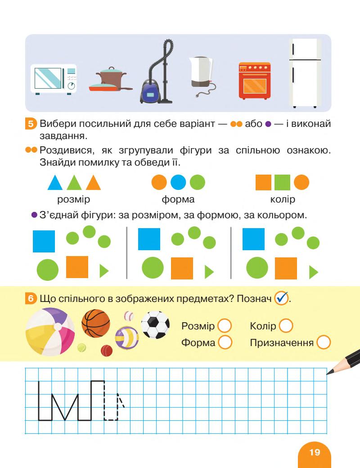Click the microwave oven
(53, 78)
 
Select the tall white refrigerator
(305, 73)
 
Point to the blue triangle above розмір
(55, 183)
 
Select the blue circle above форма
(178, 182)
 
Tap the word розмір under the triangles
(74, 199)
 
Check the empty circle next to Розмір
(224, 325)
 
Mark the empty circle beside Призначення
(324, 343)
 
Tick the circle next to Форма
(224, 343)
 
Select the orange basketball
(96, 323)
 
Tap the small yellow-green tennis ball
(81, 347)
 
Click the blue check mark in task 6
(281, 298)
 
